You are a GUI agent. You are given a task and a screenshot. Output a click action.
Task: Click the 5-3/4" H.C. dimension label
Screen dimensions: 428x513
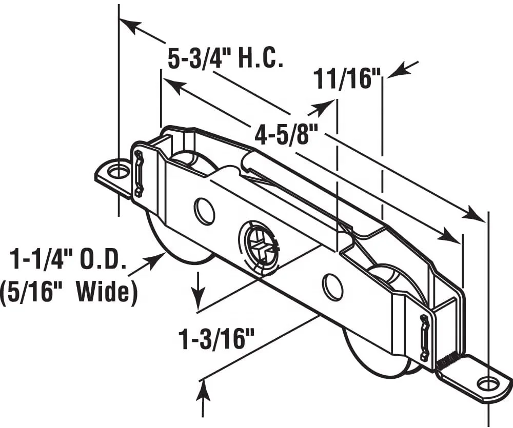[x=226, y=58]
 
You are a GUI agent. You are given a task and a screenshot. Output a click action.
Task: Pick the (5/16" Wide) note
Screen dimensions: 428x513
[x=69, y=293]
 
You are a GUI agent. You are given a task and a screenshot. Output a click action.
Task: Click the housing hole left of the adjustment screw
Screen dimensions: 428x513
[x=205, y=210]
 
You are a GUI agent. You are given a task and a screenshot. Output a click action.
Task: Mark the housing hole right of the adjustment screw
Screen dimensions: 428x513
[x=333, y=287]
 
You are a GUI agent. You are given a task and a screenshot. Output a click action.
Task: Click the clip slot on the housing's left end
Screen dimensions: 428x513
[x=139, y=172]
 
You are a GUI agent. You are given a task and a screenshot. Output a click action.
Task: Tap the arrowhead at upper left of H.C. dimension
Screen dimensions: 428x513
[x=128, y=26]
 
